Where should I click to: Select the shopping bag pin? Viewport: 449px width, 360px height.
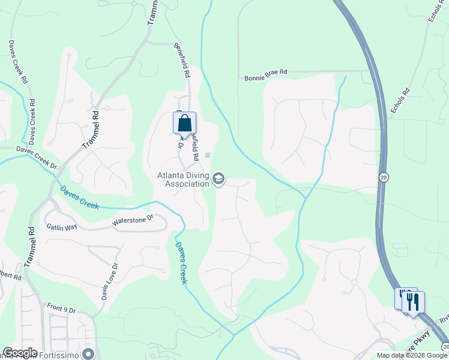(x=185, y=123)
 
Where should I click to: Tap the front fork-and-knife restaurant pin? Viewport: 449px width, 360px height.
(x=413, y=302)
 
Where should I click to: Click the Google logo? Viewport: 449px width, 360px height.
(x=20, y=353)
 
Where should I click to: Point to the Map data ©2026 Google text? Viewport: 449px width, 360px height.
(x=412, y=355)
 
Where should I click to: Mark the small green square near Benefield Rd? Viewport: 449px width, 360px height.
(x=208, y=155)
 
